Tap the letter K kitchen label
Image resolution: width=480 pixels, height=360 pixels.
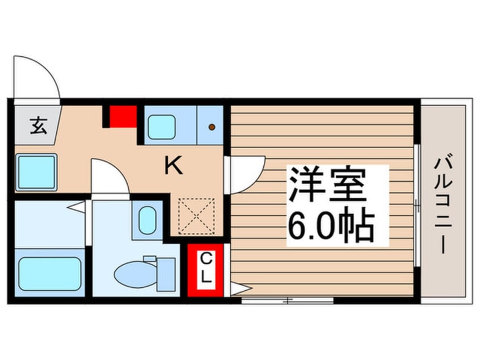pos(173,166)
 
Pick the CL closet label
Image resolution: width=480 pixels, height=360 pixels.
pos(206,270)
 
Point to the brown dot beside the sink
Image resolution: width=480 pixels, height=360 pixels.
pos(212,127)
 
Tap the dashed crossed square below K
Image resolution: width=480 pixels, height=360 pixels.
pos(196,216)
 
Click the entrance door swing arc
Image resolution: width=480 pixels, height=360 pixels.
pos(37,77)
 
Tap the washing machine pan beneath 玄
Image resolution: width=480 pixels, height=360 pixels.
pos(36,172)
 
